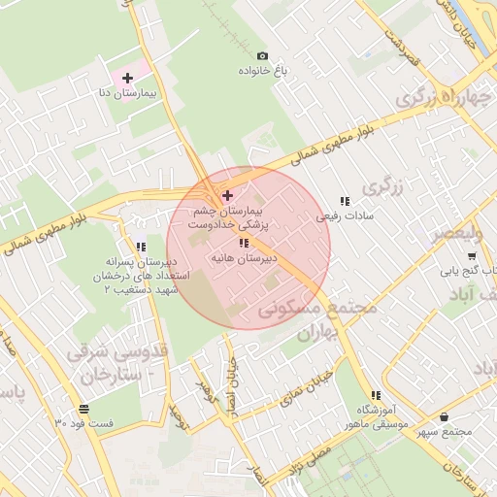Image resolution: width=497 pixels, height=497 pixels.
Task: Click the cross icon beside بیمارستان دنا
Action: click(x=127, y=77)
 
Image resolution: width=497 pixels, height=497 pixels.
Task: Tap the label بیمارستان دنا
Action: click(x=126, y=95)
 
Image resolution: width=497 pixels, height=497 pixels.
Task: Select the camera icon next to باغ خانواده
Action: click(x=262, y=56)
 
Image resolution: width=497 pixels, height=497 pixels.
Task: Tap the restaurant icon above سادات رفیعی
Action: click(x=345, y=201)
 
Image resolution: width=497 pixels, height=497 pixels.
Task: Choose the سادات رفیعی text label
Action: click(x=344, y=217)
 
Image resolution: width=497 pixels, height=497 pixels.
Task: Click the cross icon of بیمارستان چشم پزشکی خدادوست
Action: click(x=228, y=195)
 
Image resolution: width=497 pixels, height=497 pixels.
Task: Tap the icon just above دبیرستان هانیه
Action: click(x=245, y=243)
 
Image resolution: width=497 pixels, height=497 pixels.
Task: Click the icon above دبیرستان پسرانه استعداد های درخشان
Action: click(x=142, y=247)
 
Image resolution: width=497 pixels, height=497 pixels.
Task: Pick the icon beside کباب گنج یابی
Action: click(x=472, y=256)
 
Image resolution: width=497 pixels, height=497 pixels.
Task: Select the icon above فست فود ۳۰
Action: click(x=83, y=409)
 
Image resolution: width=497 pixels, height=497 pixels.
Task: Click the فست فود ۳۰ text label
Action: click(x=84, y=424)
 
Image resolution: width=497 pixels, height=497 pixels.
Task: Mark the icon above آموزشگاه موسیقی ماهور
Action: click(x=376, y=395)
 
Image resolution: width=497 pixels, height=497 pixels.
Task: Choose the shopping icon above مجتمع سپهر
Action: click(x=444, y=417)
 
